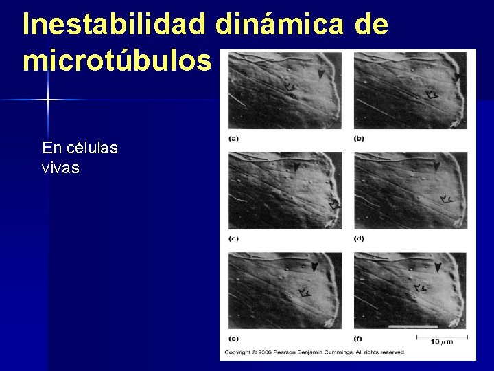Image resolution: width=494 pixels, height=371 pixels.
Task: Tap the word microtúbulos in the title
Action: (117, 61)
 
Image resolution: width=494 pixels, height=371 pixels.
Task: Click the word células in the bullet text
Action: (90, 148)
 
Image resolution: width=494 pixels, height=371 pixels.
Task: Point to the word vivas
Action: (60, 167)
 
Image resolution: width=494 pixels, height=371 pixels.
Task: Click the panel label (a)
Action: (233, 138)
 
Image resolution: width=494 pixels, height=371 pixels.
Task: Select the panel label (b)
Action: (359, 138)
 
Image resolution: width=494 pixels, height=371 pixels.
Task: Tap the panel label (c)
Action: (233, 238)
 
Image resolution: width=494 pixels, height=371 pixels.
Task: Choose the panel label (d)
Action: (359, 238)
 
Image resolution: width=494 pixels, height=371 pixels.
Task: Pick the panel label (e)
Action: (233, 338)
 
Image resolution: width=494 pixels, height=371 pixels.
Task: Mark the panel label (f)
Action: (358, 338)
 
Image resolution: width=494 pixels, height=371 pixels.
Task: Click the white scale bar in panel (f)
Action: (412, 326)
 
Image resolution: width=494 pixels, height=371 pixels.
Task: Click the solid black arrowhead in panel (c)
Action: (296, 167)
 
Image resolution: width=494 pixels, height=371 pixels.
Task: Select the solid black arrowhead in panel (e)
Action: (314, 267)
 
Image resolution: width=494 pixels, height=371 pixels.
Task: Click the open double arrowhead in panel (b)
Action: (432, 94)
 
